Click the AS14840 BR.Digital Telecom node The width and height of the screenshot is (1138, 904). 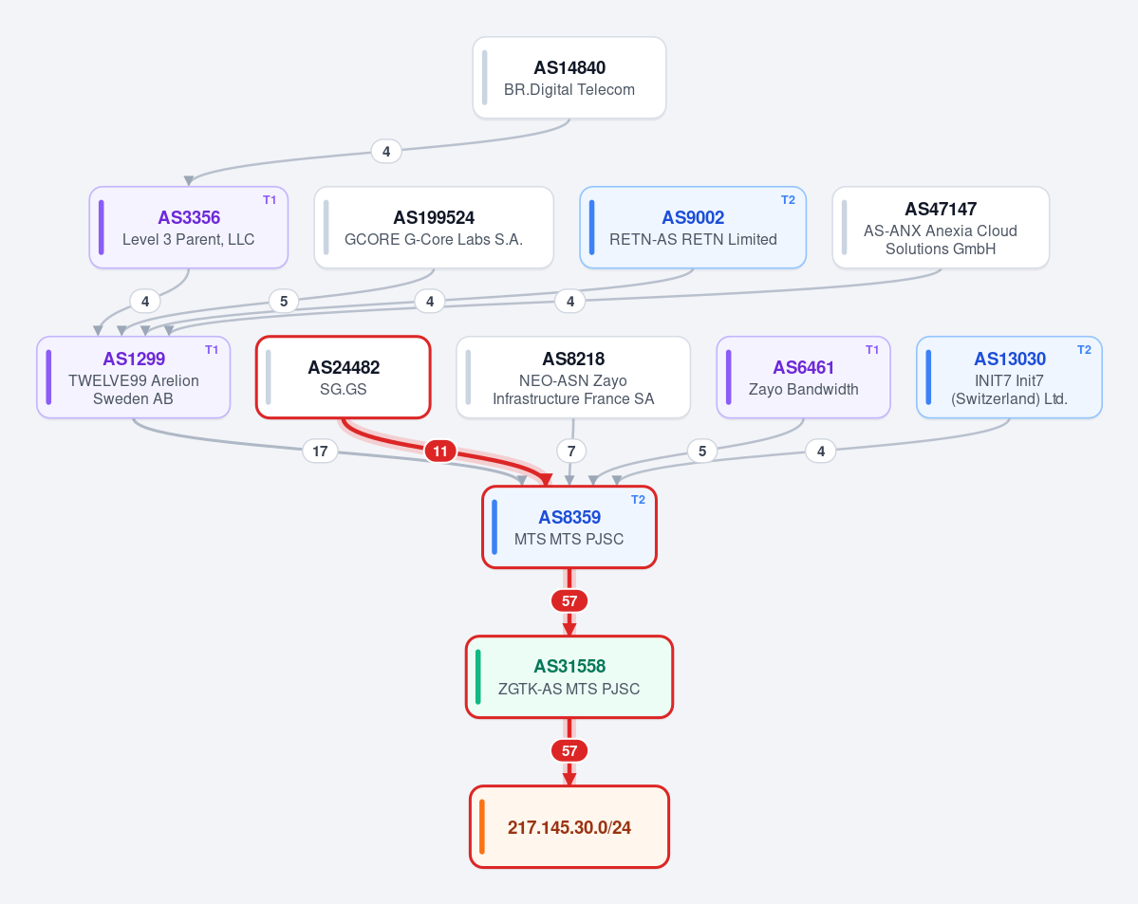[x=569, y=78]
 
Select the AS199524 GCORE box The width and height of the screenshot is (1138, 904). [x=434, y=228]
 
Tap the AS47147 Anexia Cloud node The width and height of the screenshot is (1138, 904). [x=941, y=228]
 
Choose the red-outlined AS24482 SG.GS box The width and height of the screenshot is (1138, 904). [x=344, y=378]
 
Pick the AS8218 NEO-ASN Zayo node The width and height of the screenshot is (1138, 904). [x=573, y=378]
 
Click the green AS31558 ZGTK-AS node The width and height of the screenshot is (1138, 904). [x=569, y=677]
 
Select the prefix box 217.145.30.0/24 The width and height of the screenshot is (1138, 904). [x=569, y=827]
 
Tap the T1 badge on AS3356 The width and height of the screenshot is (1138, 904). [x=270, y=200]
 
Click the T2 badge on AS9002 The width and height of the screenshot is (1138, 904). [x=788, y=200]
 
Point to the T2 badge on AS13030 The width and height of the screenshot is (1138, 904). [x=1084, y=350]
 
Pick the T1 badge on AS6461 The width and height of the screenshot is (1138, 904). [x=871, y=350]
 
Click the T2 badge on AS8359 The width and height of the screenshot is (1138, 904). [x=638, y=500]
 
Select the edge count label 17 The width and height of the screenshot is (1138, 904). [x=320, y=452]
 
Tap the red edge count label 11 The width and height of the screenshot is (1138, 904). [x=440, y=452]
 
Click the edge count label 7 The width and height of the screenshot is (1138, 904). [x=571, y=452]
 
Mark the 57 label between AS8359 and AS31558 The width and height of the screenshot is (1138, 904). [x=569, y=600]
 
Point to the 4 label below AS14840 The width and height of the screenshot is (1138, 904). [x=386, y=152]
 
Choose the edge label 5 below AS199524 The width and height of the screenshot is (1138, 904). [x=284, y=301]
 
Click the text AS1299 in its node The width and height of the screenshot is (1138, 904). [x=134, y=360]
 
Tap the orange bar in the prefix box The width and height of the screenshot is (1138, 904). [x=482, y=827]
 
